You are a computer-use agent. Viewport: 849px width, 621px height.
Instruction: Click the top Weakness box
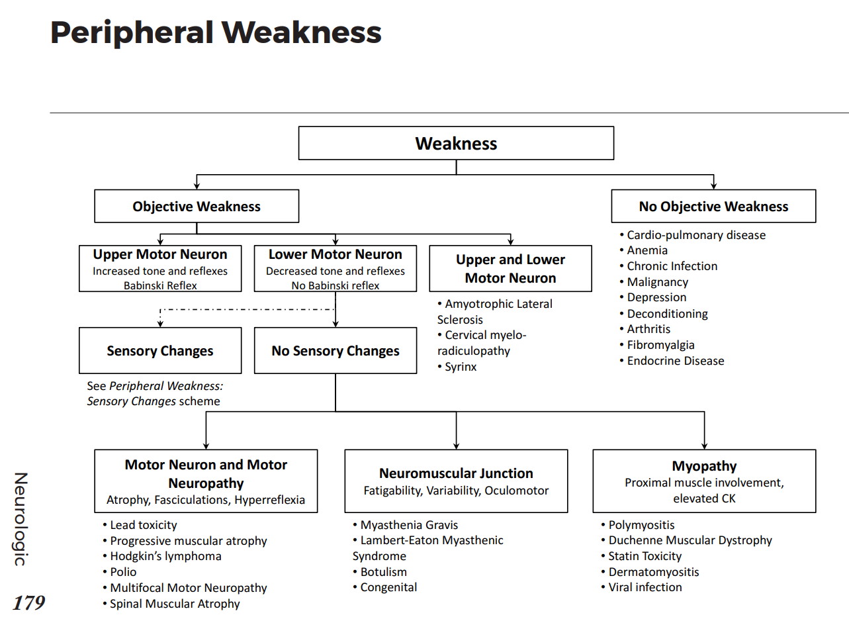[456, 144]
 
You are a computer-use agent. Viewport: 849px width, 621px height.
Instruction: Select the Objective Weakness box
[197, 207]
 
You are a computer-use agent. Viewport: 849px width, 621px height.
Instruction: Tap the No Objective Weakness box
[713, 207]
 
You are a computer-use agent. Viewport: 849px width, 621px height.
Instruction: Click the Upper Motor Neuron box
[160, 268]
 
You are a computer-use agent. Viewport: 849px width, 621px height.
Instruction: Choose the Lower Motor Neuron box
[335, 268]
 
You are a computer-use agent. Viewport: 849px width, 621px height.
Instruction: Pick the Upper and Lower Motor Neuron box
[510, 268]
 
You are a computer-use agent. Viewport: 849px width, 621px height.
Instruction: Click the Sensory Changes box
[160, 351]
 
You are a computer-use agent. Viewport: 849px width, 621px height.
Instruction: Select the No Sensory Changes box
[335, 351]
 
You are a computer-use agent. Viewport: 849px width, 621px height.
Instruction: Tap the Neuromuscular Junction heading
[456, 473]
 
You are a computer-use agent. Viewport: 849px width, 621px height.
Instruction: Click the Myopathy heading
[704, 466]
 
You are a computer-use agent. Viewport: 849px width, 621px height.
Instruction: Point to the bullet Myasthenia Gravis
[409, 525]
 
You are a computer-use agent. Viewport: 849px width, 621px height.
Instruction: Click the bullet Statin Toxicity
[645, 556]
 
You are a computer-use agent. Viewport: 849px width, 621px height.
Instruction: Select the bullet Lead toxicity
[144, 525]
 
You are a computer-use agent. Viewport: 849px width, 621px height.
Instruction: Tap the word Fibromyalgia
[660, 345]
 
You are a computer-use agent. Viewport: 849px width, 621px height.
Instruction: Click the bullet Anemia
[647, 250]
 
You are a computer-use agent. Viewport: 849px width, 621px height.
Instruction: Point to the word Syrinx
[461, 367]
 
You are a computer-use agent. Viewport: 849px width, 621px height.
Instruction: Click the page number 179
[28, 603]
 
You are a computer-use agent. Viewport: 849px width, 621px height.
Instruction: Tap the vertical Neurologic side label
[21, 519]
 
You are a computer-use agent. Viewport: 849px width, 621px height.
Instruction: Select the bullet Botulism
[383, 572]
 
